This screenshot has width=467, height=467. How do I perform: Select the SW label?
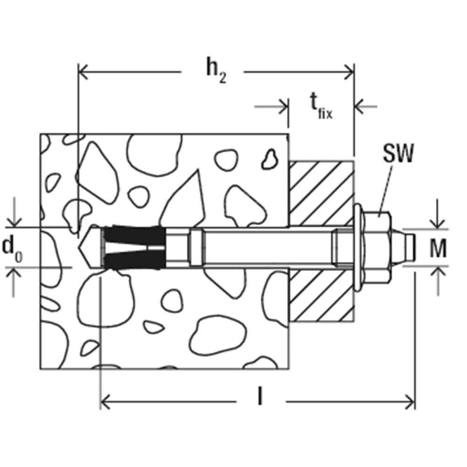pyautogui.click(x=398, y=154)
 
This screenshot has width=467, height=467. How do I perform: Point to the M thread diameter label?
pyautogui.click(x=438, y=248)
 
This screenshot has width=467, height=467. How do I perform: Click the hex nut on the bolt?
pyautogui.click(x=377, y=247)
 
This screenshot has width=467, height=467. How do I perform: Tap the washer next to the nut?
pyautogui.click(x=358, y=247)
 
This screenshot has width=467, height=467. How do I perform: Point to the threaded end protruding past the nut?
pyautogui.click(x=403, y=247)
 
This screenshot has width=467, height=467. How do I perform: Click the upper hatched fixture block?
pyautogui.click(x=322, y=194)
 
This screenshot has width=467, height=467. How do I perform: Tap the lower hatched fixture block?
pyautogui.click(x=322, y=295)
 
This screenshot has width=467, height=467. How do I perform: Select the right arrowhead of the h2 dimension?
pyautogui.click(x=349, y=72)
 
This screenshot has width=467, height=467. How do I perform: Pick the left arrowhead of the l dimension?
pyautogui.click(x=106, y=402)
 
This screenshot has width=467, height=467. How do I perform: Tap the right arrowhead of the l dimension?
pyautogui.click(x=410, y=402)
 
